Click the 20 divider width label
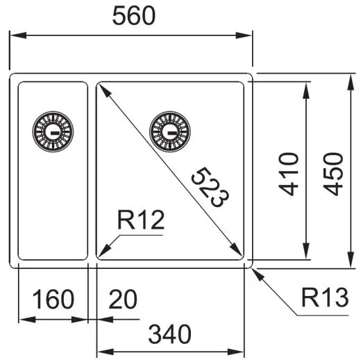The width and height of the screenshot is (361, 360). pyautogui.click(x=122, y=300)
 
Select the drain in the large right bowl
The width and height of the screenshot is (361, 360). pyautogui.click(x=167, y=130)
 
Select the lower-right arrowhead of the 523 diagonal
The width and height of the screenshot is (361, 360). pyautogui.click(x=240, y=253)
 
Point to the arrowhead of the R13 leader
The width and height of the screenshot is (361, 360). pyautogui.click(x=255, y=272)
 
